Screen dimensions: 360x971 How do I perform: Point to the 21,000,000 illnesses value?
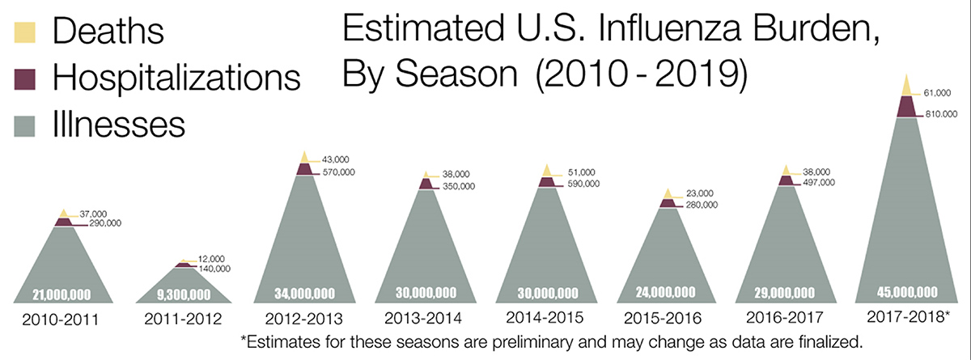[x=61, y=294]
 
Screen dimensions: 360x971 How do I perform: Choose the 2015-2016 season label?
[x=666, y=316]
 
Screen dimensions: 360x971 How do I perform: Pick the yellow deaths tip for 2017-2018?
[x=906, y=85]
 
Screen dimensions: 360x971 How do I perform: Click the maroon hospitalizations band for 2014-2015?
[x=547, y=183]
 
